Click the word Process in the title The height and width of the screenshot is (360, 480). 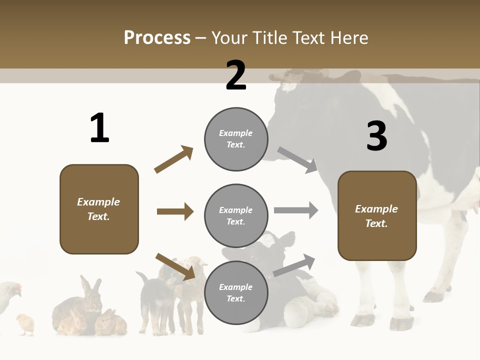pyautogui.click(x=157, y=37)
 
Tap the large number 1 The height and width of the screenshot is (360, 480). pyautogui.click(x=99, y=128)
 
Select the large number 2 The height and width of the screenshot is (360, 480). pyautogui.click(x=236, y=75)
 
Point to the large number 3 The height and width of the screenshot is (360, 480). pyautogui.click(x=376, y=136)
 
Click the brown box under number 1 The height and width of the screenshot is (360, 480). pyautogui.click(x=99, y=209)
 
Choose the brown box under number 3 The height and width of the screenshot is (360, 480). pyautogui.click(x=377, y=215)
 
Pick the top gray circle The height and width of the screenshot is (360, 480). pyautogui.click(x=236, y=139)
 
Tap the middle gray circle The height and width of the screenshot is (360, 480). pyautogui.click(x=236, y=215)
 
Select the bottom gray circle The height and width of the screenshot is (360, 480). pyautogui.click(x=236, y=292)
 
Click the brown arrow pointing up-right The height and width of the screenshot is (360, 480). pyautogui.click(x=174, y=159)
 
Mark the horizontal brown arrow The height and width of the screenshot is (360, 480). pyautogui.click(x=175, y=211)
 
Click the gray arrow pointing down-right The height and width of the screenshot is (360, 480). pyautogui.click(x=297, y=159)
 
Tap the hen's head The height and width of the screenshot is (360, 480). pyautogui.click(x=16, y=288)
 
